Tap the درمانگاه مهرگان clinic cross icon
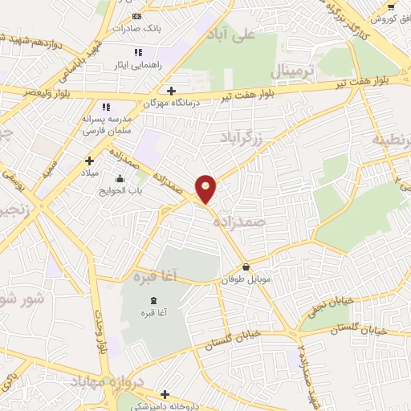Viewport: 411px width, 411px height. click(171, 91)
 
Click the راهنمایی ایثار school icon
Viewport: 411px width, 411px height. click(139, 52)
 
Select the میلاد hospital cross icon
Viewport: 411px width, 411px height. click(89, 161)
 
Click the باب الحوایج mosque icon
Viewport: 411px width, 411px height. click(120, 178)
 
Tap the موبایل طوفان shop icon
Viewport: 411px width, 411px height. click(246, 267)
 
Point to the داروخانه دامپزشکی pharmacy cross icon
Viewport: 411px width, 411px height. click(165, 394)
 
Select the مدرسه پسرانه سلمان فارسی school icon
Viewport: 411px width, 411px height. click(105, 107)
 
